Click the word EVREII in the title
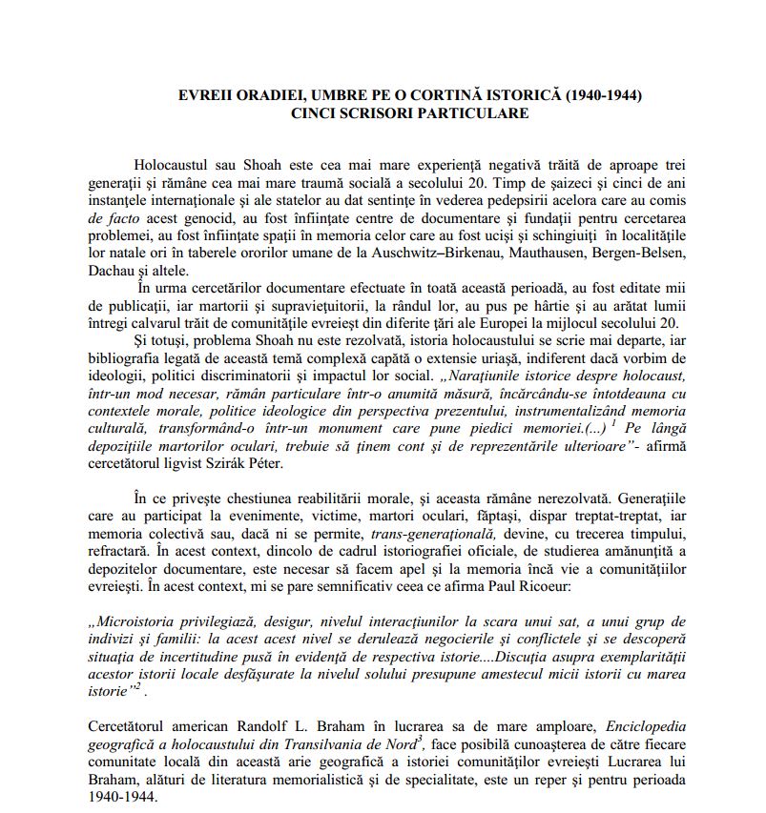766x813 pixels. click(203, 95)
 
